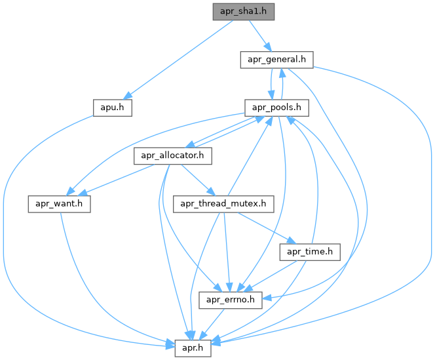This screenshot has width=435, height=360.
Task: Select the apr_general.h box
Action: pyautogui.click(x=275, y=60)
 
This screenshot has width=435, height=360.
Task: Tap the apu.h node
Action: pyautogui.click(x=112, y=108)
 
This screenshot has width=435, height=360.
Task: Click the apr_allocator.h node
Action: pyautogui.click(x=174, y=155)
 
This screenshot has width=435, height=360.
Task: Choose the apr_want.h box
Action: pyautogui.click(x=58, y=203)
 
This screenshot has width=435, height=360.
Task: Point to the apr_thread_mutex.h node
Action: pyautogui.click(x=223, y=203)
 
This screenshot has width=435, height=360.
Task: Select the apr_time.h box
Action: pyautogui.click(x=310, y=251)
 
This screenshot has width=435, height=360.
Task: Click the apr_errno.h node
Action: pyautogui.click(x=231, y=300)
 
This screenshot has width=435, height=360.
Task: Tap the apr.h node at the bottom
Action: pyautogui.click(x=193, y=348)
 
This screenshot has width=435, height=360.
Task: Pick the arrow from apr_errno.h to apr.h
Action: pyautogui.click(x=214, y=323)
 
